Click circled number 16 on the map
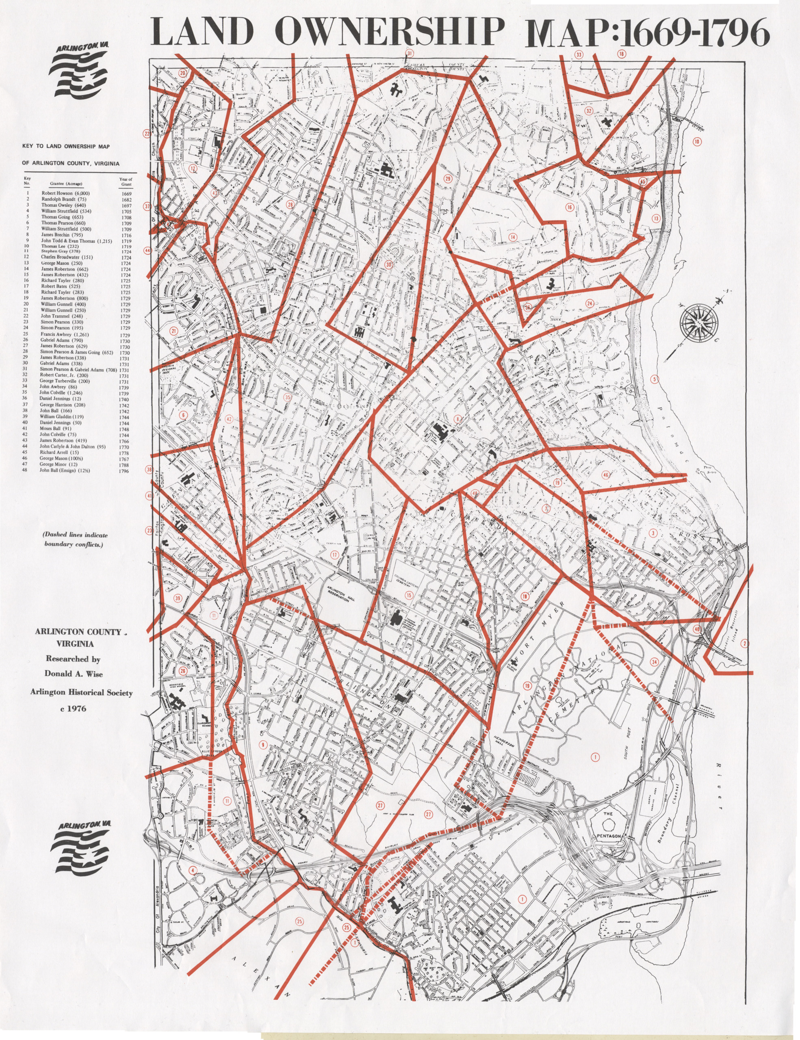click(x=569, y=207)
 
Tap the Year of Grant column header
click(x=126, y=182)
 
